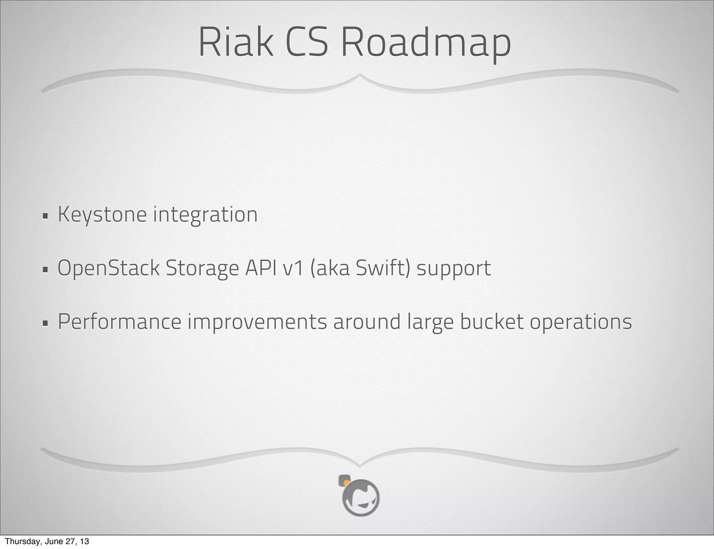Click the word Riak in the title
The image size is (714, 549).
tap(236, 42)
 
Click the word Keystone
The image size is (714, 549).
tap(102, 214)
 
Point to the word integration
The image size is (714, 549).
tap(205, 215)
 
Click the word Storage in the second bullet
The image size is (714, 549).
tap(202, 269)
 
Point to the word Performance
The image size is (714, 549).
tap(119, 322)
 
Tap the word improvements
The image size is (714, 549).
tap(257, 322)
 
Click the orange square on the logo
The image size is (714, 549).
tap(346, 483)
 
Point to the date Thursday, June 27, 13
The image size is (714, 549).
tap(47, 541)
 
